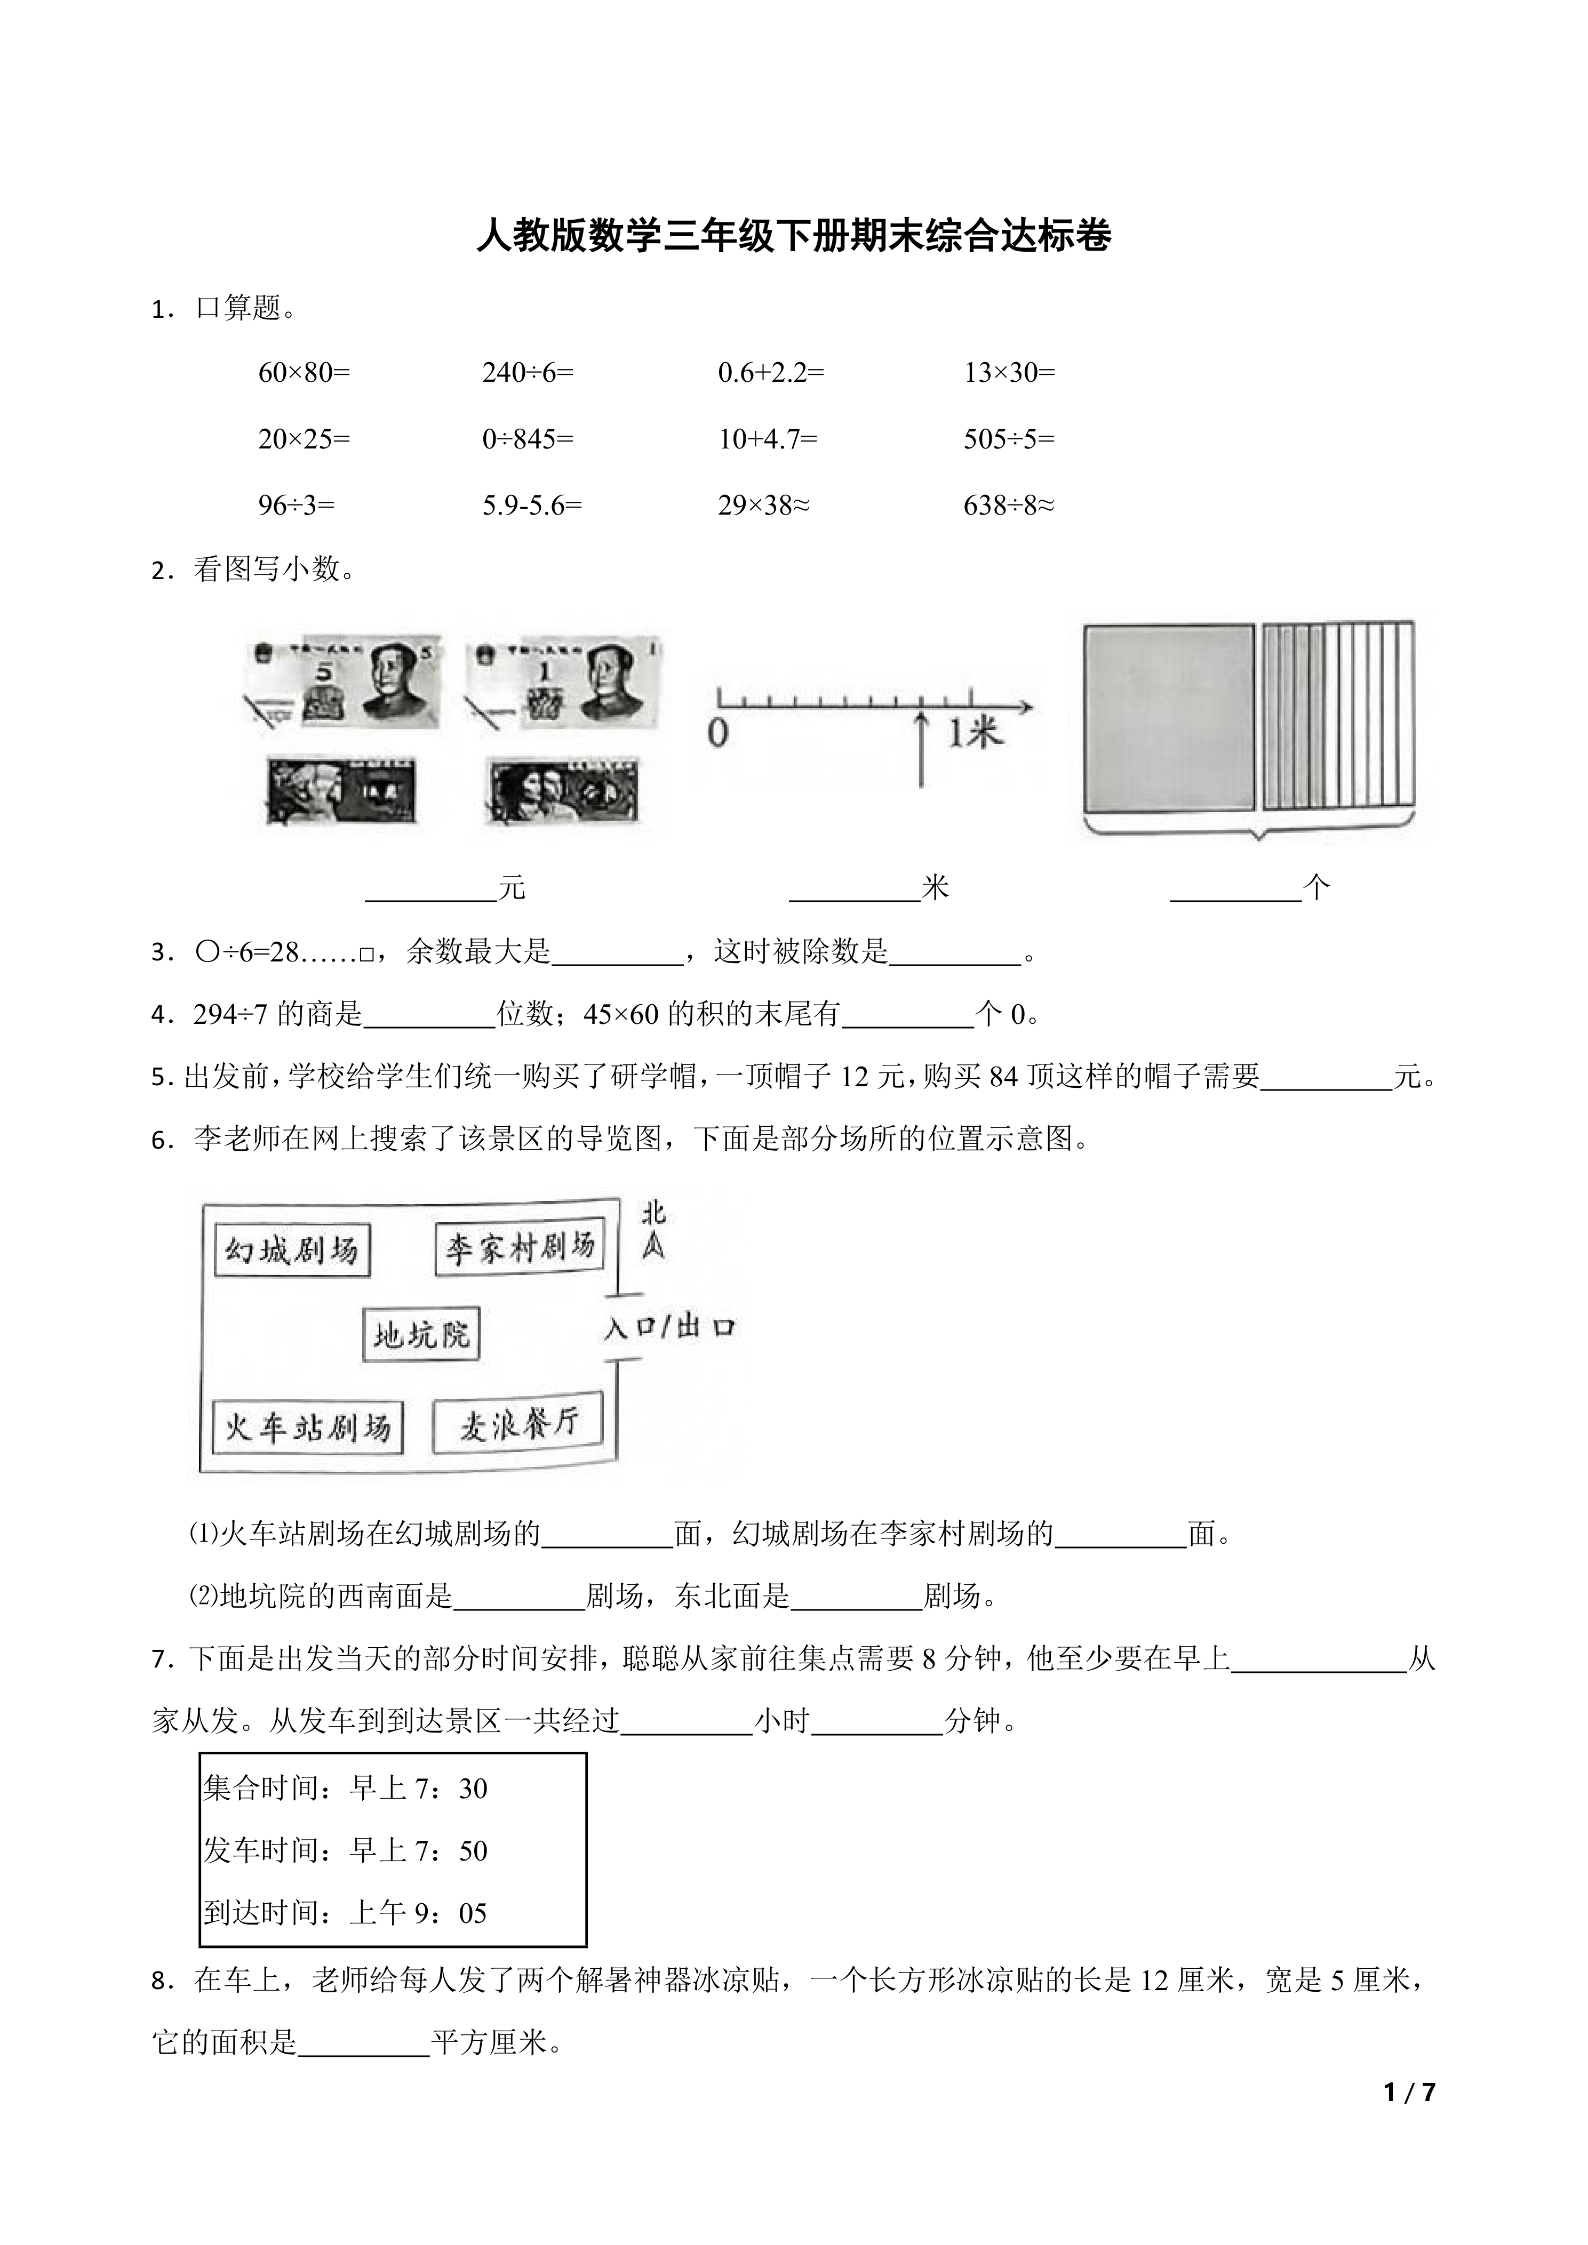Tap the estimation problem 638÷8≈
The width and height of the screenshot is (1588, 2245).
tap(1008, 506)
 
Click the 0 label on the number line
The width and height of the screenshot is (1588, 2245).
tap(718, 733)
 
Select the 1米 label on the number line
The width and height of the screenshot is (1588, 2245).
tap(975, 732)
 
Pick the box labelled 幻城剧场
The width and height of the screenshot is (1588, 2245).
tap(291, 1250)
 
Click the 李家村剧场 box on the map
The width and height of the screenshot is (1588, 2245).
tap(519, 1248)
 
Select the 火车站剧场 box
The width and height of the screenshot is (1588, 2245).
tap(307, 1428)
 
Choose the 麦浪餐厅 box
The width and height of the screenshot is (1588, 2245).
tap(518, 1424)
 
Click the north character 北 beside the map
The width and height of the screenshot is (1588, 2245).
tap(653, 1214)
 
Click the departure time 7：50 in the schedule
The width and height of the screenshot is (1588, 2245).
tap(460, 1851)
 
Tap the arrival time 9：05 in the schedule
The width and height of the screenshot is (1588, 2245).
tap(460, 1913)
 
